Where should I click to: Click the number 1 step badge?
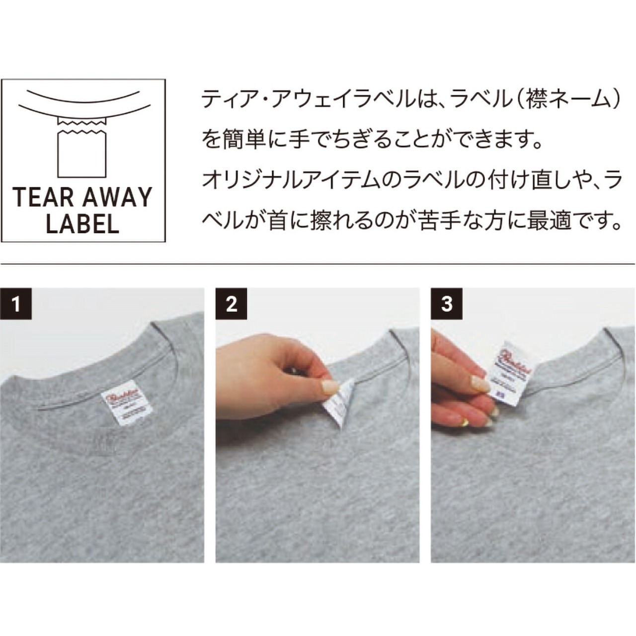click(x=16, y=303)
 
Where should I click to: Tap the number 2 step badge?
click(x=232, y=303)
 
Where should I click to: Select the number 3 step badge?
click(x=447, y=303)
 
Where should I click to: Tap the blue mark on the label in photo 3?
click(x=499, y=392)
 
